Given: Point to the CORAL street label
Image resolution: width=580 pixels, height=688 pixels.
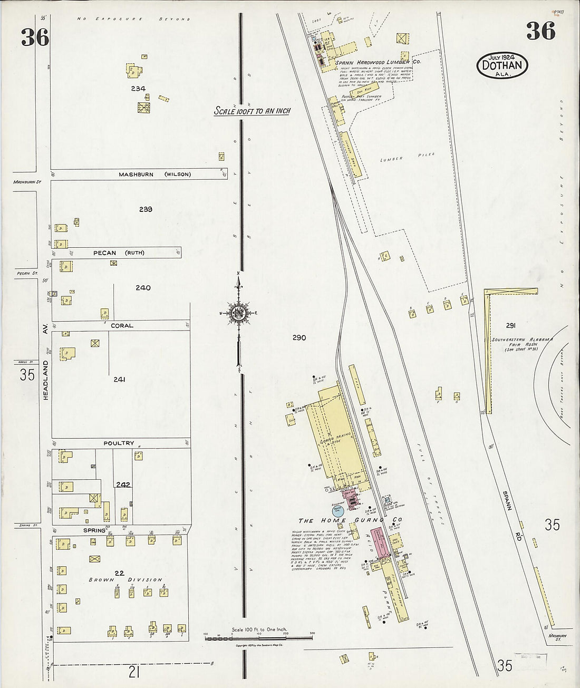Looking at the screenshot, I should (122, 326).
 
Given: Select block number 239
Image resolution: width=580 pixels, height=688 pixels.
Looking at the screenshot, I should (146, 209).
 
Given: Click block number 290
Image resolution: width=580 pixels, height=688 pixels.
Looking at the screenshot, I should (299, 337).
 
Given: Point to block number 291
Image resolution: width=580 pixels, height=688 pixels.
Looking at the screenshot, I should (510, 325).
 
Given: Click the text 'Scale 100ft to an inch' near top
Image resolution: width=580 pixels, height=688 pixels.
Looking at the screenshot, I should (252, 111).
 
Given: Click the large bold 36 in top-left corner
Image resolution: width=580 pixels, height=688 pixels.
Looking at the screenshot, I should (35, 37).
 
